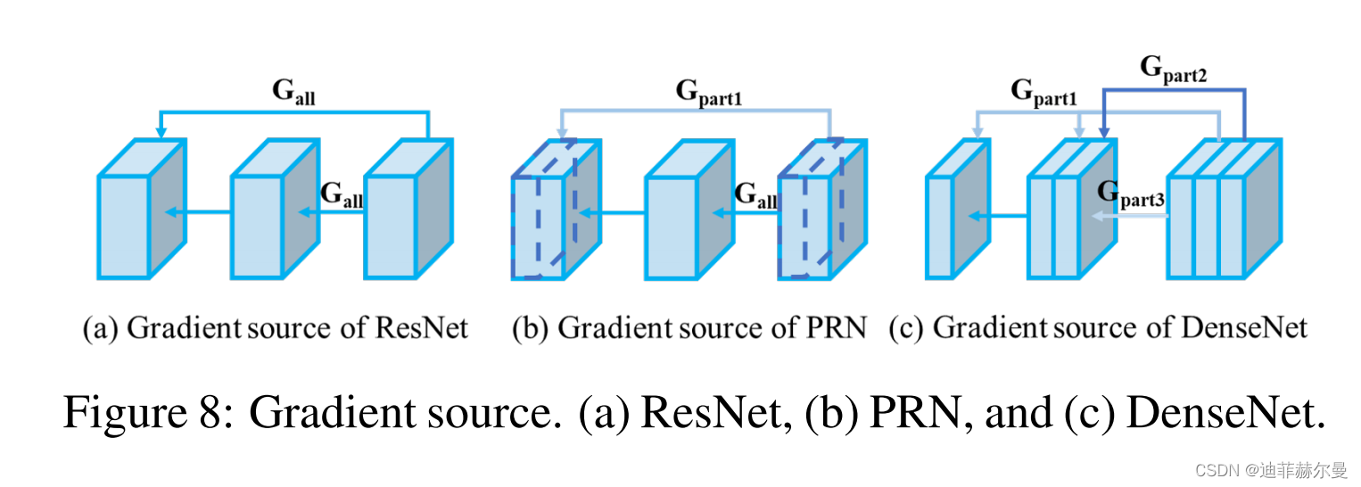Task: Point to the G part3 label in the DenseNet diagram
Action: [1131, 194]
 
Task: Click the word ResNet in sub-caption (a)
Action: [422, 329]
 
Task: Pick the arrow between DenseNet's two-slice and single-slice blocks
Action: [998, 216]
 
